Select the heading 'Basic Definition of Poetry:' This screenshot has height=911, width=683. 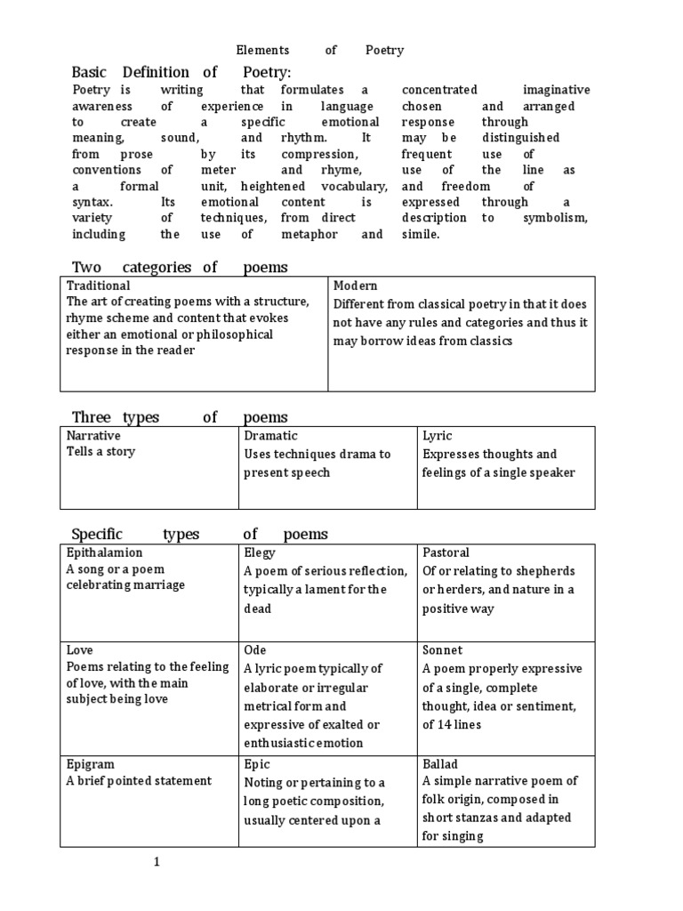(181, 72)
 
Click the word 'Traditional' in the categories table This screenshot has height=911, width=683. (98, 286)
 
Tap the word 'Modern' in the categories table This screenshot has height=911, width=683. (356, 286)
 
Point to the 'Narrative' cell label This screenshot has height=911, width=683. (93, 436)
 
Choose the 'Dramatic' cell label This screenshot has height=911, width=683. (270, 436)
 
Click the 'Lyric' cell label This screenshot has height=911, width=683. (437, 436)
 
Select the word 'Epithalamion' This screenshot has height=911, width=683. (104, 552)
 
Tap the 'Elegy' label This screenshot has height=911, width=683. (260, 552)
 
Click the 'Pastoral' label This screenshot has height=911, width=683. (446, 552)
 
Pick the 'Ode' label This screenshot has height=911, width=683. (254, 650)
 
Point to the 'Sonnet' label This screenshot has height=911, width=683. (442, 650)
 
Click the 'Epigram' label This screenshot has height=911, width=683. (91, 764)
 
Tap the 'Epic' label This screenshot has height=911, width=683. (256, 764)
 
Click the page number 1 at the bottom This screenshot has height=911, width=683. (157, 862)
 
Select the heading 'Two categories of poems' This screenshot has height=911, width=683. (179, 268)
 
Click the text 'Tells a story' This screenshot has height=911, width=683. (100, 452)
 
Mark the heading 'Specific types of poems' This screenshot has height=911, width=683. (199, 535)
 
